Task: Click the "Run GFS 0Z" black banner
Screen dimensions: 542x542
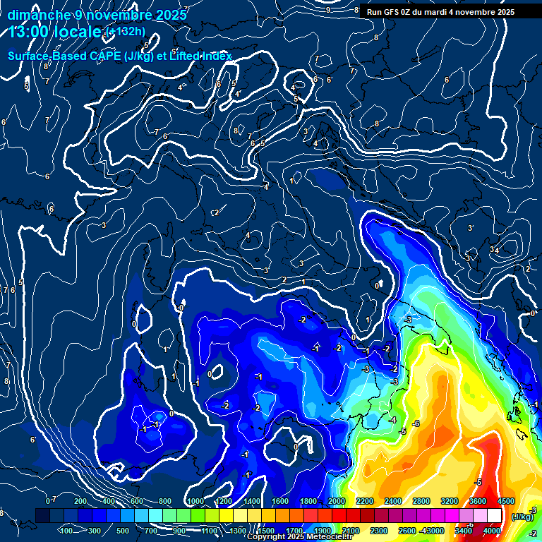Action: pyautogui.click(x=440, y=12)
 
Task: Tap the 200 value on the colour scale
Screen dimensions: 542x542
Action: pyautogui.click(x=80, y=501)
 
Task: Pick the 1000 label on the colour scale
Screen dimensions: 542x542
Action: pyautogui.click(x=195, y=501)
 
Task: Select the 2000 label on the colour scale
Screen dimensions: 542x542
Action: pyautogui.click(x=336, y=501)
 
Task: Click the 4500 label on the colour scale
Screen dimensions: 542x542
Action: pyautogui.click(x=505, y=501)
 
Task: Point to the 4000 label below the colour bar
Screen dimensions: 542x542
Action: pyautogui.click(x=492, y=531)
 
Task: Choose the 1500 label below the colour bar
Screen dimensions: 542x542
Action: pyautogui.click(x=265, y=531)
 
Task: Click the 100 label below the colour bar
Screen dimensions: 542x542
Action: pyautogui.click(x=66, y=531)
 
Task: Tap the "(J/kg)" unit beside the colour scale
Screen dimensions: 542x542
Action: pyautogui.click(x=522, y=517)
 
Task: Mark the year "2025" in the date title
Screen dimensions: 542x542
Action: pyautogui.click(x=171, y=14)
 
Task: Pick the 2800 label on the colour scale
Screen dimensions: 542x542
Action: pyautogui.click(x=421, y=501)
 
